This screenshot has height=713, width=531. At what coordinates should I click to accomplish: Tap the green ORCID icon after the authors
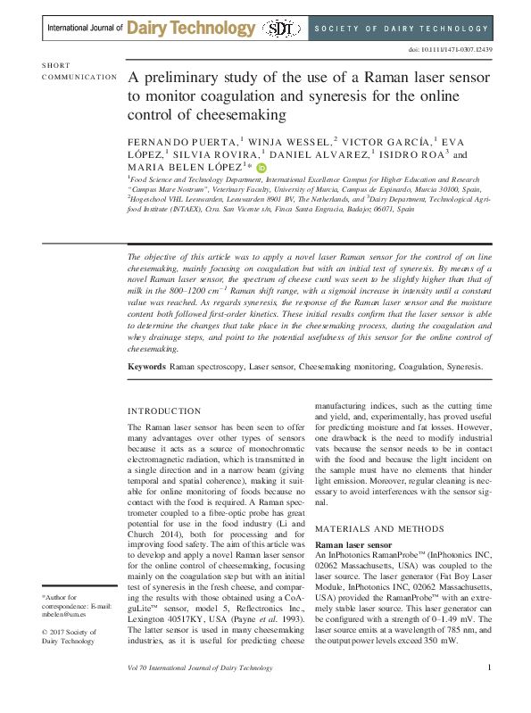tap(261, 167)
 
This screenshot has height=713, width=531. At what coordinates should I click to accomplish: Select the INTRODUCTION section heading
tap(164, 411)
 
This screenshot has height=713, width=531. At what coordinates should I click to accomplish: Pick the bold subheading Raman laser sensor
tap(353, 543)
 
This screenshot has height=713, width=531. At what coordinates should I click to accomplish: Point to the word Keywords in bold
tap(147, 366)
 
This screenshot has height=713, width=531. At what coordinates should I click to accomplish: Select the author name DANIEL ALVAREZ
tap(309, 154)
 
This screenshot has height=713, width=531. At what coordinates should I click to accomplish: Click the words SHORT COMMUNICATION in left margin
tap(79, 71)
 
